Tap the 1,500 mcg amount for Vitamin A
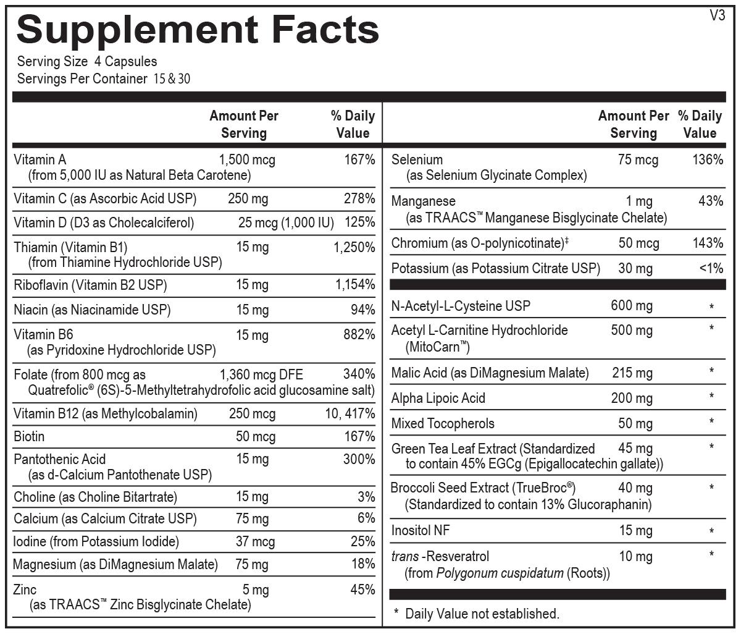[x=247, y=160]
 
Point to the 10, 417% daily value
[x=350, y=413]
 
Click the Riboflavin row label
[x=90, y=285]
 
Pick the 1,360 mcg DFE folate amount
[x=261, y=374]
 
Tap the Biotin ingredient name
[x=29, y=436]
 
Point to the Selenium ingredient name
[x=417, y=160]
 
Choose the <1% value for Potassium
[x=711, y=269]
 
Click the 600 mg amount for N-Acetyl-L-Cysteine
[x=631, y=306]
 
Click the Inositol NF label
[x=421, y=530]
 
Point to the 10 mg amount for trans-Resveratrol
[x=635, y=556]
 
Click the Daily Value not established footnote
[x=482, y=614]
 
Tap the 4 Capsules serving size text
[x=126, y=61]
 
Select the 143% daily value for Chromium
[x=708, y=243]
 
